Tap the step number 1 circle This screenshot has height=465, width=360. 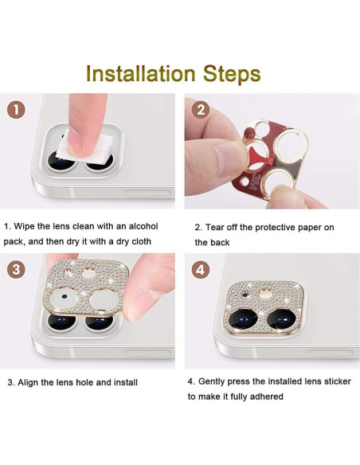coord(17,110)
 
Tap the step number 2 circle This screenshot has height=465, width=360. coord(201,110)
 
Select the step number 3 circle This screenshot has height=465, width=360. coord(17,268)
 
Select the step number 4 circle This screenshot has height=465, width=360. coord(201,268)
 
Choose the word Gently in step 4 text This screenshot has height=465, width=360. coord(215,381)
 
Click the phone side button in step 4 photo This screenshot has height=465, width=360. coord(332,351)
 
